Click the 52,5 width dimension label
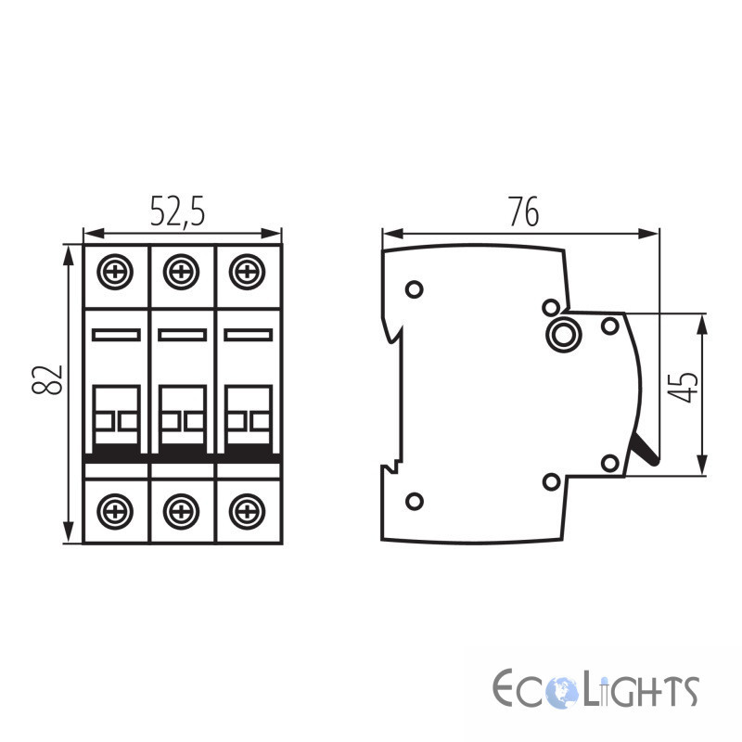coord(177,211)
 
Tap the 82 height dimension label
coord(47,379)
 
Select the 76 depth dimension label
coord(524,211)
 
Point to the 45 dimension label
coord(683,388)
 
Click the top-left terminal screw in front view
coord(115,272)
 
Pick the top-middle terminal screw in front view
coord(181,272)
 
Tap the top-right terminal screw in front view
coord(247,272)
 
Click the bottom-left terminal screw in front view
coord(115,511)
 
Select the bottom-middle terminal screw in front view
coord(181,511)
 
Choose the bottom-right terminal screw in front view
coord(247,511)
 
